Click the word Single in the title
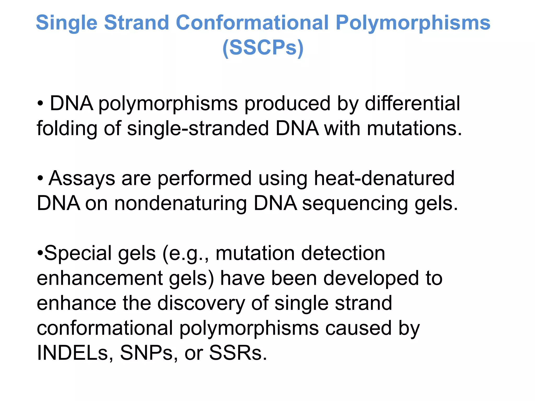pos(66,23)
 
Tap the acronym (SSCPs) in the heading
pos(263,48)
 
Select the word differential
pos(412,103)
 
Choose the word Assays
pos(82,179)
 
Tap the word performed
pos(205,179)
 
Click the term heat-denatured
pos(384,178)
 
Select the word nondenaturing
pos(181,203)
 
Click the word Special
pos(78,253)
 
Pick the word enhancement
pos(100,278)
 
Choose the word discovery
pos(201,303)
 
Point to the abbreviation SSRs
pos(238,353)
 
